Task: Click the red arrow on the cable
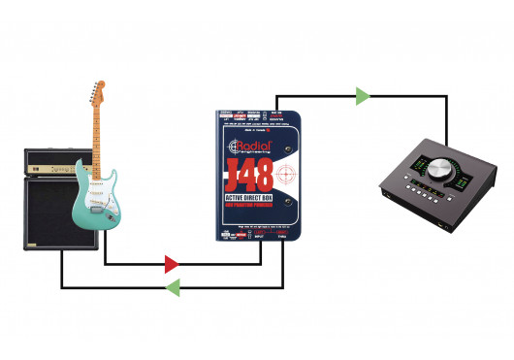pyautogui.click(x=171, y=263)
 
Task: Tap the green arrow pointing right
pyautogui.click(x=363, y=95)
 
